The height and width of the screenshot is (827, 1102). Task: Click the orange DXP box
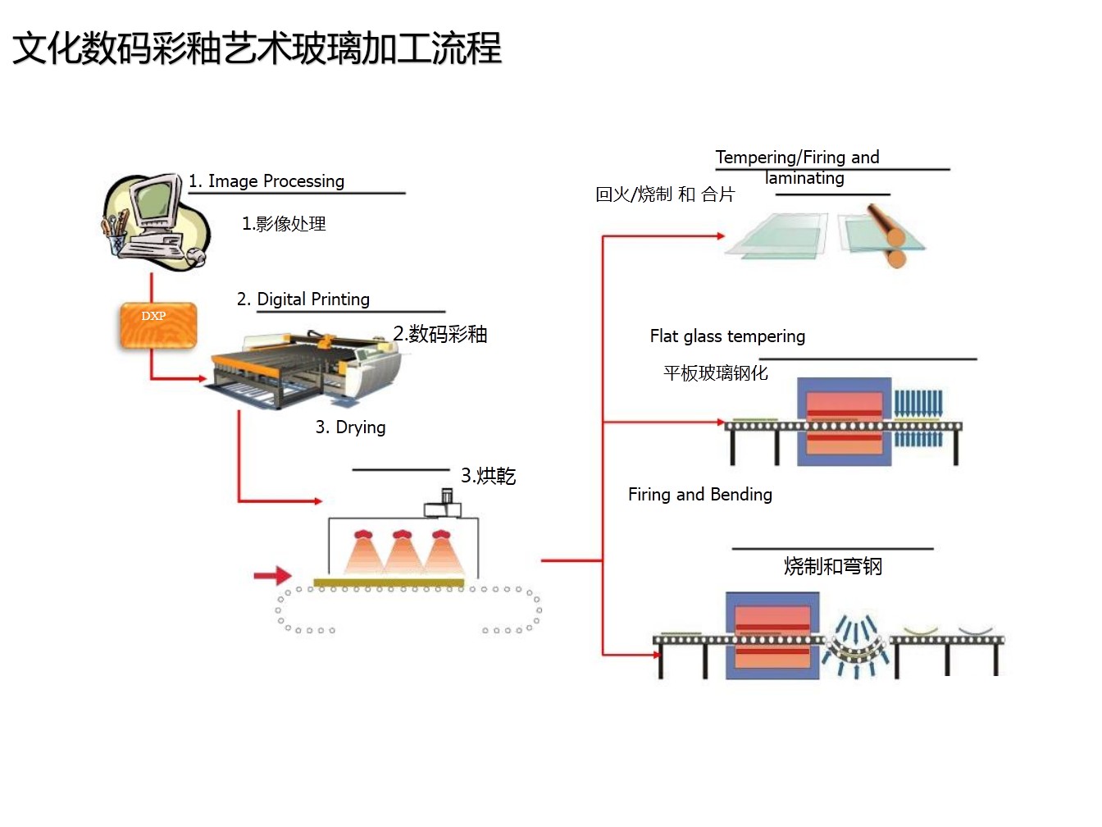point(157,326)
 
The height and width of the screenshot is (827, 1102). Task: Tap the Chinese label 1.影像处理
point(284,224)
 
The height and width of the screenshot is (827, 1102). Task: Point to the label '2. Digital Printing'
point(303,299)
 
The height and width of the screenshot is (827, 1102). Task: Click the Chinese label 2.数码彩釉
point(440,335)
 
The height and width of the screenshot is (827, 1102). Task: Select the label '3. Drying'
point(351,427)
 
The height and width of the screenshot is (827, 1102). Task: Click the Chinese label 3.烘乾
point(489,477)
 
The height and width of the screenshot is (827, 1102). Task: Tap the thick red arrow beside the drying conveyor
point(272,576)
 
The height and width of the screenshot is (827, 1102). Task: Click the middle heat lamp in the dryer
point(402,551)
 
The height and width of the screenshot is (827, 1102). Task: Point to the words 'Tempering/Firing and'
point(797,158)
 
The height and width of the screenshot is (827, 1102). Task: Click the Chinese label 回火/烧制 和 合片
point(665,194)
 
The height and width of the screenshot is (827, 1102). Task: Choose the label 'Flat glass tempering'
point(727,336)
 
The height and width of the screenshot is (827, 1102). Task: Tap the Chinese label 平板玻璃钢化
point(716,373)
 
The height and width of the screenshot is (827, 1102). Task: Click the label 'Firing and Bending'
point(700,495)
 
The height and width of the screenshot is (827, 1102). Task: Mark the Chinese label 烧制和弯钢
point(833,567)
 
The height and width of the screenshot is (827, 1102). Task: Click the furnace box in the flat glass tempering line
point(844,423)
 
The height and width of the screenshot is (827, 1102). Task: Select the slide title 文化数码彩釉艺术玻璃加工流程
point(257,48)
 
